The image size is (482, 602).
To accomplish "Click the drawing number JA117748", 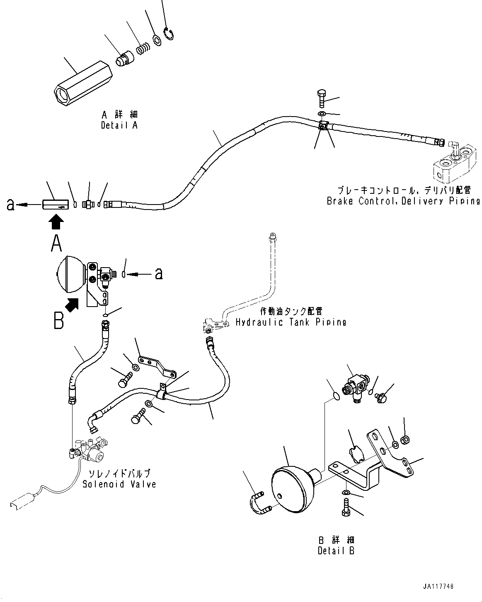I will [x=438, y=587].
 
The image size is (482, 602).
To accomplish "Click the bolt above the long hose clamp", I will [x=322, y=97].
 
